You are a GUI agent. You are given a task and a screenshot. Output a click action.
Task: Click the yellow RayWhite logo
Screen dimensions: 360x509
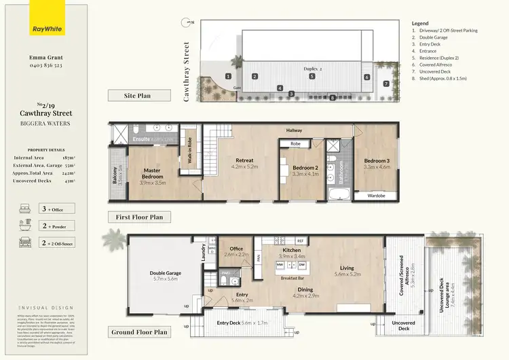[45, 29]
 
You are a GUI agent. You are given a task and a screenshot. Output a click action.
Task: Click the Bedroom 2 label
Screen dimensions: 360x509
[305, 169]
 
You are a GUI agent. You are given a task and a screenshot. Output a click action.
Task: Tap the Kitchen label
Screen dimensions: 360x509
[292, 252]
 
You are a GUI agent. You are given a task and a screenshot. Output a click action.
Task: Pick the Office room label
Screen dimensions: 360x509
[236, 250]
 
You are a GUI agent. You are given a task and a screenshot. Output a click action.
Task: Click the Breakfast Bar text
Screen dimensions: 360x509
[292, 278]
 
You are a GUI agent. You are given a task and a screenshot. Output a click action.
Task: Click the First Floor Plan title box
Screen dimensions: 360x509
[140, 217]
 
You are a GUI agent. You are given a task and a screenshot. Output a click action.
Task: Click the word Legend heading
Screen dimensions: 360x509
[420, 23]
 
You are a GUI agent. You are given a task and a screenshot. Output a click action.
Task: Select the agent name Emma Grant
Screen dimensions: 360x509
[45, 59]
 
